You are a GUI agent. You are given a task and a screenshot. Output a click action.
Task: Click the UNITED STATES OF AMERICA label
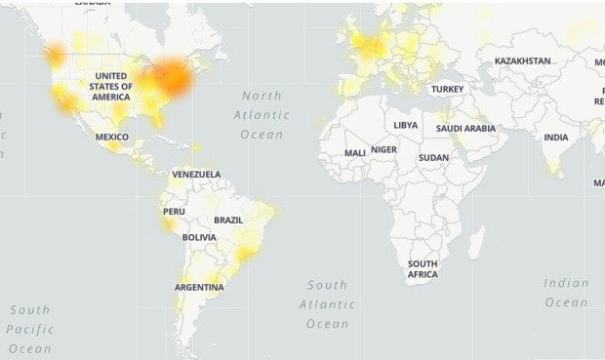point(110,86)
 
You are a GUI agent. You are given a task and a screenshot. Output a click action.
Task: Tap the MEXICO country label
point(111,137)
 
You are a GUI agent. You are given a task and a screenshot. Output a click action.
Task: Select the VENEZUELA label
point(196,175)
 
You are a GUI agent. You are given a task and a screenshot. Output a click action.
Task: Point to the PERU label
point(174,211)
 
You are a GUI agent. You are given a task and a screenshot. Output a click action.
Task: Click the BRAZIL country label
point(228,220)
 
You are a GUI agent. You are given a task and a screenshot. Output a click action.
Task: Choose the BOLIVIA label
point(199,237)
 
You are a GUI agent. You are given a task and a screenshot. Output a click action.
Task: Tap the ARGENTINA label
point(199,287)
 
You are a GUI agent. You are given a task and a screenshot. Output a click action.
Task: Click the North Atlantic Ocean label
point(262,114)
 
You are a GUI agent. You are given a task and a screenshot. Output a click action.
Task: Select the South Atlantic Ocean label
point(327,304)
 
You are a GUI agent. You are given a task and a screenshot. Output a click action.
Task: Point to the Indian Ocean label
point(566,293)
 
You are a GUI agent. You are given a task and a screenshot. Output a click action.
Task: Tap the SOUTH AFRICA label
point(423,269)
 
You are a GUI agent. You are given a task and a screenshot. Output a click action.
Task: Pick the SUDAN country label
point(433,157)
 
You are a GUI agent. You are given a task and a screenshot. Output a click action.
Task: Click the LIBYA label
point(405,126)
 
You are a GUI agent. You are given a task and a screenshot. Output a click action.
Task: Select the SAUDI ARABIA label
point(465,129)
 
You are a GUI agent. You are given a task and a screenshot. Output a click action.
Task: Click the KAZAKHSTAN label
point(522,60)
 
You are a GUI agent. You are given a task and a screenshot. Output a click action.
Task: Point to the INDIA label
point(555,138)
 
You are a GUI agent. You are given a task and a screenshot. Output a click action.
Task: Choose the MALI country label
point(355,153)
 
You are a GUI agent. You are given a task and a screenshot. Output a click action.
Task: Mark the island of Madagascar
point(476,240)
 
